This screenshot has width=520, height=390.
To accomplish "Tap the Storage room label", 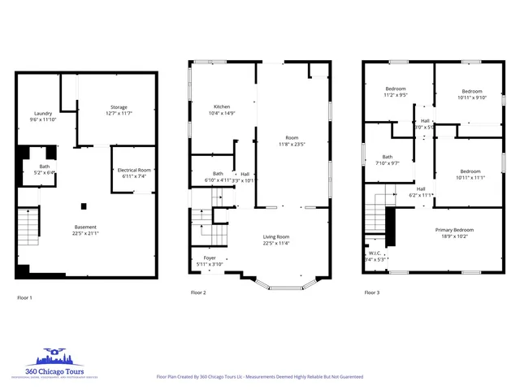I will pos(119,109).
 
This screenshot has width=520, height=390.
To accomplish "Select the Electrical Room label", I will pos(134,172).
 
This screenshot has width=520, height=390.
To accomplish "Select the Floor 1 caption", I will pos(25,298).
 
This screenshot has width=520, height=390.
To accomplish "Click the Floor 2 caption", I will pos(198,292).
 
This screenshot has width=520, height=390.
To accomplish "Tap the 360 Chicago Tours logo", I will pos(53,362).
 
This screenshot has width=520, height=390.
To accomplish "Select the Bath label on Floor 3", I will pos(388,159).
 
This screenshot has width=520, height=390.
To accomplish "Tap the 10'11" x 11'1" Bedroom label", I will pos(471,174).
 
